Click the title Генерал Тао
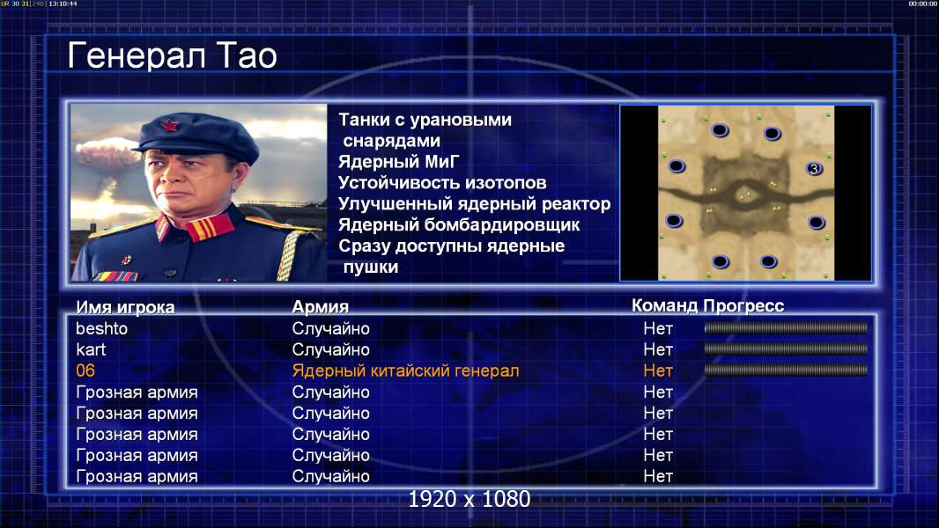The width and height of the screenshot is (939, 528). [172, 55]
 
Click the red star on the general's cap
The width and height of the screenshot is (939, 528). [170, 125]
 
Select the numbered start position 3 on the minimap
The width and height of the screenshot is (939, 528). [814, 169]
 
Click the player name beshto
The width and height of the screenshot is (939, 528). [102, 329]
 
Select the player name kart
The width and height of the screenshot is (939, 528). [91, 350]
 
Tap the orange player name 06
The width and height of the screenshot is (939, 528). [85, 370]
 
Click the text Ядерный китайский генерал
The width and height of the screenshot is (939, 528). [405, 371]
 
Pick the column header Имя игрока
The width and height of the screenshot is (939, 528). [125, 307]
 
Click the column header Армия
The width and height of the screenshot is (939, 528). [321, 307]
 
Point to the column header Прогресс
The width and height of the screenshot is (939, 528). [743, 306]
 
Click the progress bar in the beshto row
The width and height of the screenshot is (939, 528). [786, 328]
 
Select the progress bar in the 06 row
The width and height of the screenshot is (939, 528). [786, 370]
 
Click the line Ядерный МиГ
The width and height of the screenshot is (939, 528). [399, 162]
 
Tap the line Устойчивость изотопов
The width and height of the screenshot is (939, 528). [442, 183]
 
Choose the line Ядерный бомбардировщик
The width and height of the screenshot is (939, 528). [459, 225]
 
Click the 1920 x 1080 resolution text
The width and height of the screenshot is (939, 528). [469, 499]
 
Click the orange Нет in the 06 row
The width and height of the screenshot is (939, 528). [658, 370]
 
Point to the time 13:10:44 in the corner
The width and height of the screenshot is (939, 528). [63, 4]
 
